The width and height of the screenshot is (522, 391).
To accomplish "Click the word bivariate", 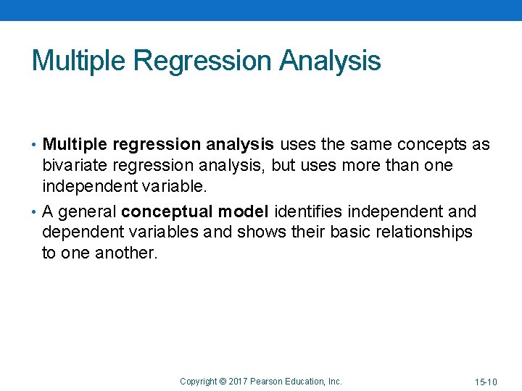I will [74, 165].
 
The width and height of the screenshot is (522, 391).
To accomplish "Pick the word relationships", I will [421, 232].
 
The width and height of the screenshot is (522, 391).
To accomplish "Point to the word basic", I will [337, 232].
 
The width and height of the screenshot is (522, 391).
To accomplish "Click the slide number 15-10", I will [486, 382].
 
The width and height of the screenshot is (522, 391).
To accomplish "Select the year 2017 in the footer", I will [238, 381].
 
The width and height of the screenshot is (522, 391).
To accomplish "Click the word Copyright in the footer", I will [198, 381].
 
